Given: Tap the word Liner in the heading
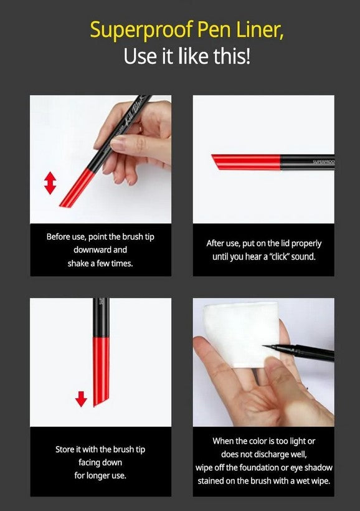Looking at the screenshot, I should click(260, 29).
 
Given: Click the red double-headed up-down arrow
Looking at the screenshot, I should click(50, 183).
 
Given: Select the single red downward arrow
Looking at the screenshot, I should click(81, 397).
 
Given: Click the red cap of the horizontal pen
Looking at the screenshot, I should click(245, 162).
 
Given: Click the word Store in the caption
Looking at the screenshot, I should click(67, 449).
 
